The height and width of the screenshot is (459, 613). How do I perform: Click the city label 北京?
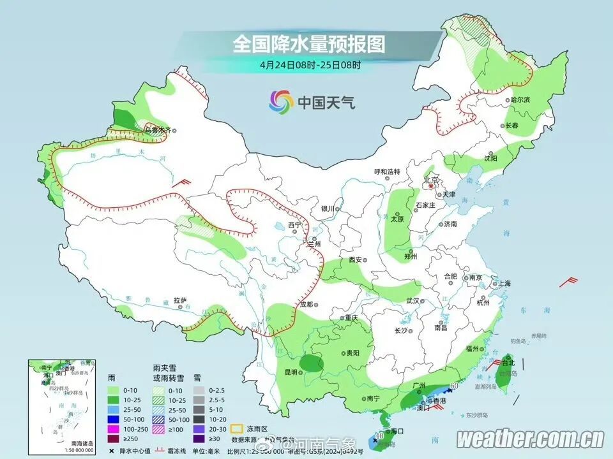(432, 180)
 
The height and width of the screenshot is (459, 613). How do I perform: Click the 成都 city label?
(307, 304)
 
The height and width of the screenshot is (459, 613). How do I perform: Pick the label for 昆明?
(290, 372)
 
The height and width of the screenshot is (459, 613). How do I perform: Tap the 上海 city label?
(504, 283)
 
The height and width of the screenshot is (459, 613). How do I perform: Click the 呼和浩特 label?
(386, 172)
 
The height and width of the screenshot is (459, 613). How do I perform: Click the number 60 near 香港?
(455, 386)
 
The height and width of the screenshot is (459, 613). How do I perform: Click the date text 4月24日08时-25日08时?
(310, 64)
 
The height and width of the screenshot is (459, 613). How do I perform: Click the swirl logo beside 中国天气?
(281, 101)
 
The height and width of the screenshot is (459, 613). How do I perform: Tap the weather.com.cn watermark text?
(530, 439)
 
